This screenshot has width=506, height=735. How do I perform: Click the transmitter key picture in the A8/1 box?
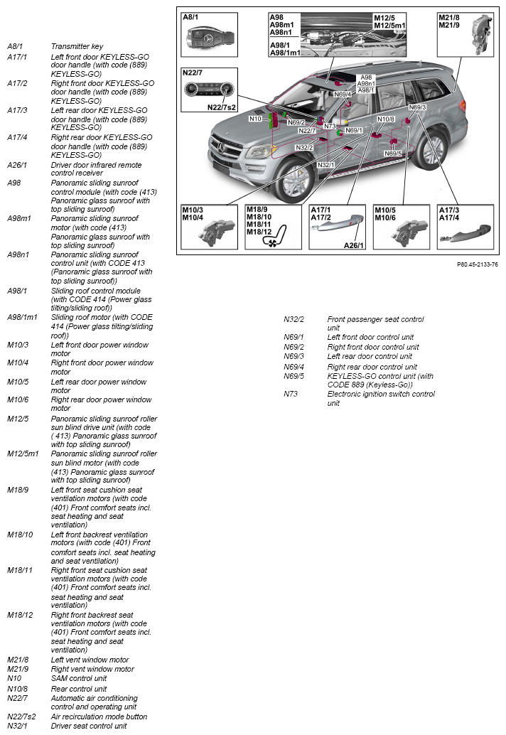click(209, 38)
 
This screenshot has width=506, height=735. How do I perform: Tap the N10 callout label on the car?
click(255, 119)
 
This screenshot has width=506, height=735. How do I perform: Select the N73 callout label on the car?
click(330, 126)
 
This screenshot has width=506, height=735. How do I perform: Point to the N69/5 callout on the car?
click(392, 154)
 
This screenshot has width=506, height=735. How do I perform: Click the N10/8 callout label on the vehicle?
click(386, 119)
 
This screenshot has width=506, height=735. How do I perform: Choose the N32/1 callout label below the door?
click(325, 165)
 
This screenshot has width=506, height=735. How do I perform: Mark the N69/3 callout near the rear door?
click(417, 107)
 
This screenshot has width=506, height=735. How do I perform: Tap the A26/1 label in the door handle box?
click(354, 245)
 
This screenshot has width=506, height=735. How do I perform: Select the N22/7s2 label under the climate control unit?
click(222, 107)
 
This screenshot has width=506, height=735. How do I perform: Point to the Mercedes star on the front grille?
click(221, 149)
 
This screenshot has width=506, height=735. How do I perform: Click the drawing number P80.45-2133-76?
click(478, 265)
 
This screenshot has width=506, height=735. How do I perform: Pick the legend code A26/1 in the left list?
click(17, 165)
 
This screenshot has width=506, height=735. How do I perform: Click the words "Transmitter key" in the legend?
click(77, 46)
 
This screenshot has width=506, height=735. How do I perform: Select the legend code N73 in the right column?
click(291, 394)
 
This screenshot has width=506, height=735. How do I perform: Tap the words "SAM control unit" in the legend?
click(79, 678)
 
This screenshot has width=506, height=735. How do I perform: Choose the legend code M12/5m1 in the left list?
click(23, 454)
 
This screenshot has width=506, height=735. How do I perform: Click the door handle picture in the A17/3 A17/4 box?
click(465, 234)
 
